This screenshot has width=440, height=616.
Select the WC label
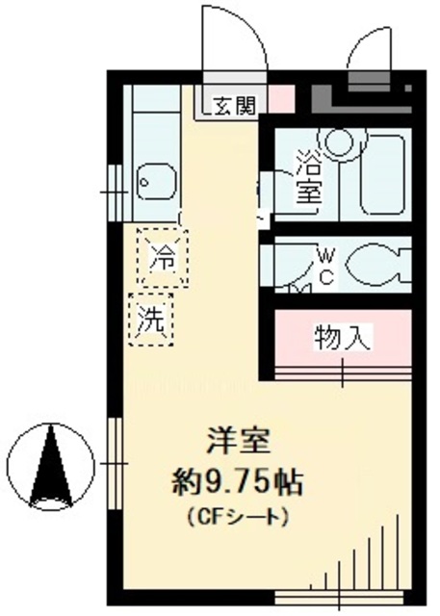tap(326, 267)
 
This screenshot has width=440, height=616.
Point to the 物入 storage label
tap(342, 338)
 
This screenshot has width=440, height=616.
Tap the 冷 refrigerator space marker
tap(163, 257)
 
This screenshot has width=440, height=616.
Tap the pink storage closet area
tap(342, 340)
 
